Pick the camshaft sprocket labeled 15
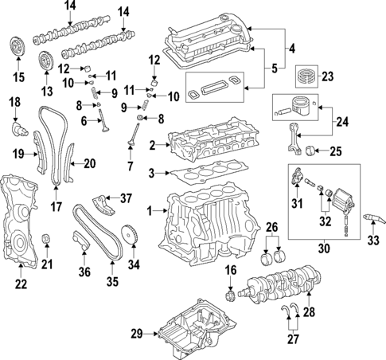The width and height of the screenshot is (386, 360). pyautogui.click(x=14, y=46)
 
